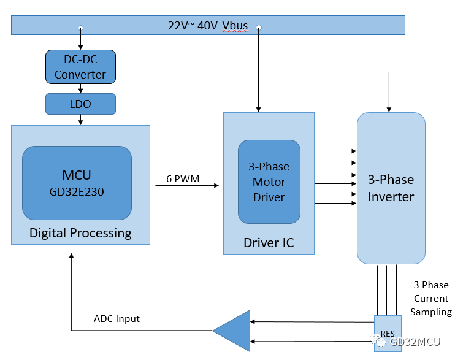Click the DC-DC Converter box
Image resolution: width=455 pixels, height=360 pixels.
pos(80,67)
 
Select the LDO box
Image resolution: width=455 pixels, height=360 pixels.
pos(80,104)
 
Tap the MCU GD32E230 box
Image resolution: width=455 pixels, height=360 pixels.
pos(77,183)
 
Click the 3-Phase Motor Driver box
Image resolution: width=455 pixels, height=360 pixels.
pos(269,182)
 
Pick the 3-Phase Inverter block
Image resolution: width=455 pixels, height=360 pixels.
pos(391,188)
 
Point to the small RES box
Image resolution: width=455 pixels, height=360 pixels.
pos(388,334)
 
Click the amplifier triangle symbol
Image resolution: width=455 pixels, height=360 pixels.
pos(233,331)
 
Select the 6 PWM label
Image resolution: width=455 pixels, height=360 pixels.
pos(182,179)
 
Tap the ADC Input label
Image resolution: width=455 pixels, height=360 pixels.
pos(117,319)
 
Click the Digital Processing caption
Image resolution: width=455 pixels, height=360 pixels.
pos(80,233)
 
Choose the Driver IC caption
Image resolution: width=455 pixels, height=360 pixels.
pos(269,243)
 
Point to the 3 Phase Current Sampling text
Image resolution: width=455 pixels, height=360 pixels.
pos(430,299)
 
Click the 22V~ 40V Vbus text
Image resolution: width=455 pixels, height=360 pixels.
pos(208,25)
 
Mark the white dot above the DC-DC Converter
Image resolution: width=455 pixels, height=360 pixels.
pos(80,28)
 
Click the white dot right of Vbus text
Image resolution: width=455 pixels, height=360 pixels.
pos(259,28)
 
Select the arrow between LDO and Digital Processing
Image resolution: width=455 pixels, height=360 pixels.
pos(80,120)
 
